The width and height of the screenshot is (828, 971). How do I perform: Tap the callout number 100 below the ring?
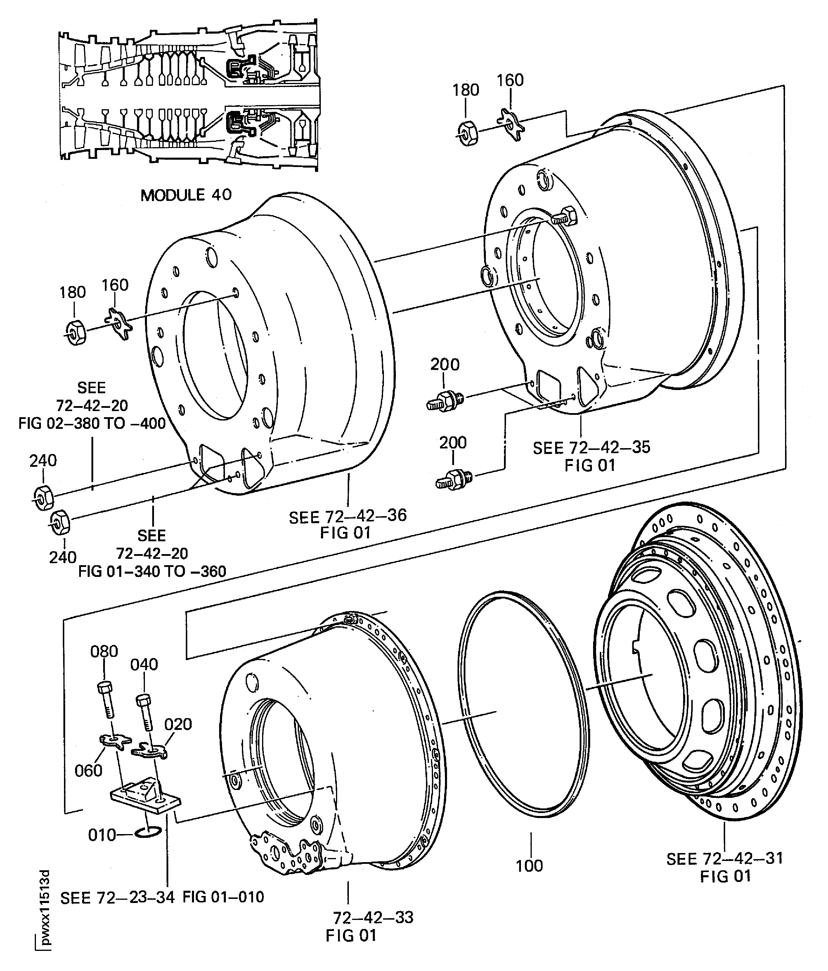click(x=529, y=866)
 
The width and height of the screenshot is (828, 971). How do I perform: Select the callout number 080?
click(x=104, y=651)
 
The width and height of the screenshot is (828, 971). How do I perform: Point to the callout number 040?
click(x=144, y=664)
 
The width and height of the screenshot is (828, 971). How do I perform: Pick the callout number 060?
click(x=88, y=770)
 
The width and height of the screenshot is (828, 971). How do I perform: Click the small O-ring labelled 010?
click(x=148, y=832)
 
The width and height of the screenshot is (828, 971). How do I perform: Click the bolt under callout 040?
click(x=145, y=713)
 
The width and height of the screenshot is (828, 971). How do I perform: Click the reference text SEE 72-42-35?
click(x=591, y=448)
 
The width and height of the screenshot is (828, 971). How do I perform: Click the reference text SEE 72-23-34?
click(x=117, y=897)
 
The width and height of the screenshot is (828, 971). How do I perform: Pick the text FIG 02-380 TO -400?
click(x=92, y=424)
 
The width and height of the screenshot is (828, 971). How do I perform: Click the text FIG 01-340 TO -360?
click(x=152, y=571)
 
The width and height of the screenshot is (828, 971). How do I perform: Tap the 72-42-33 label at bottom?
click(x=373, y=917)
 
